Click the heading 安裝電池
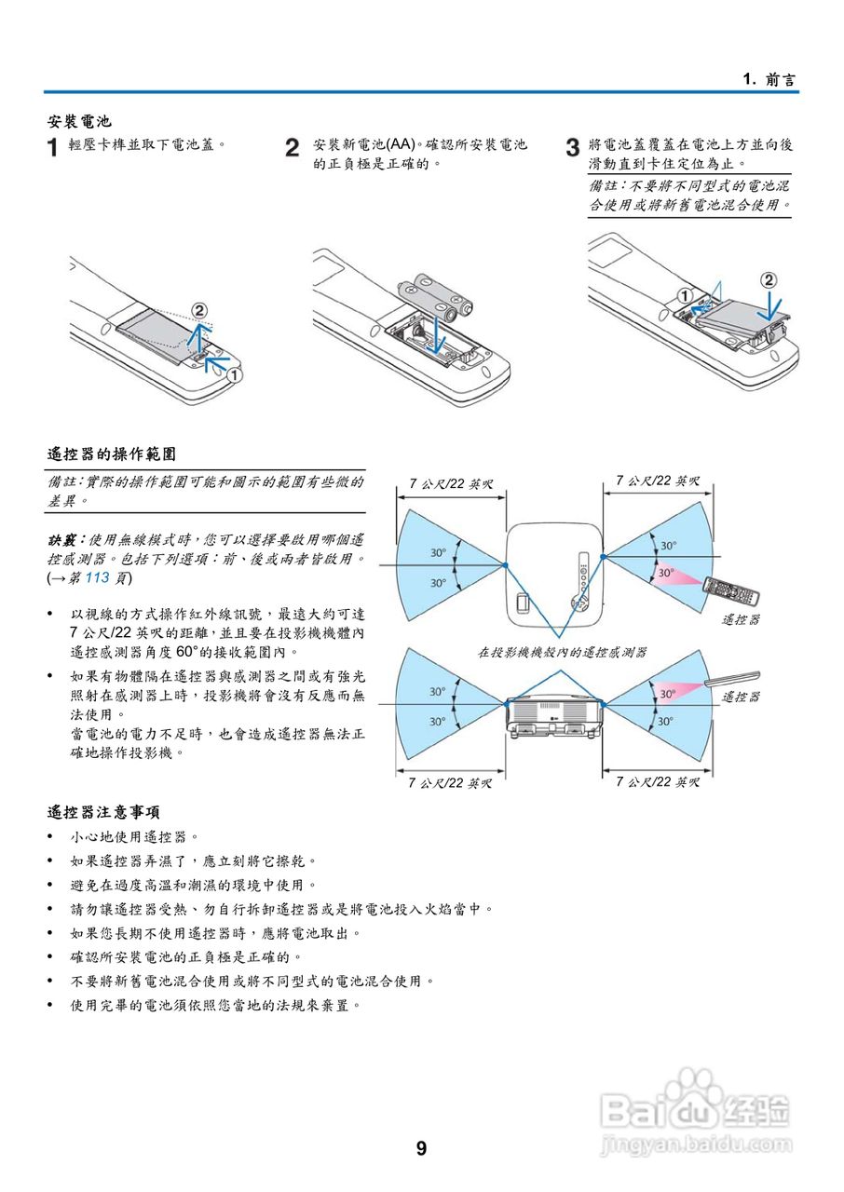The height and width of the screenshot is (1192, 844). (x=79, y=121)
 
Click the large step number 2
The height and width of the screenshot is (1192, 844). (x=293, y=148)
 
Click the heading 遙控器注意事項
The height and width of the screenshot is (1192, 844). (x=103, y=812)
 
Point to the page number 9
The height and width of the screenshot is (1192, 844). (x=421, y=1148)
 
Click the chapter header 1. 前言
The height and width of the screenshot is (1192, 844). (x=769, y=79)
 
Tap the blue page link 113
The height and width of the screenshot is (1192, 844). (x=98, y=578)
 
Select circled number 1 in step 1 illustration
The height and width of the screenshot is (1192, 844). (x=235, y=374)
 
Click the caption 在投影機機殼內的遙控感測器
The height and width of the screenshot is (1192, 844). (x=562, y=653)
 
